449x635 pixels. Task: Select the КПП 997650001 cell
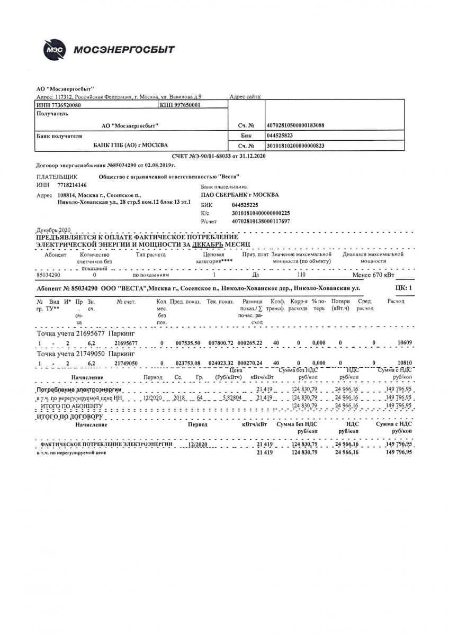coord(180,105)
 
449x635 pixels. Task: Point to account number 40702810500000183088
coord(295,125)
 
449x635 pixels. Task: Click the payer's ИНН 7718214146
coord(71,185)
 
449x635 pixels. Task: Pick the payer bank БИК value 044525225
coord(245,204)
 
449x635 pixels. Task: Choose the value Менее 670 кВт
coord(373,275)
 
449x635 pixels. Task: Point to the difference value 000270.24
coord(250,363)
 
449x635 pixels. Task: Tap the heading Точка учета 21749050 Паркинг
coord(86,353)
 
